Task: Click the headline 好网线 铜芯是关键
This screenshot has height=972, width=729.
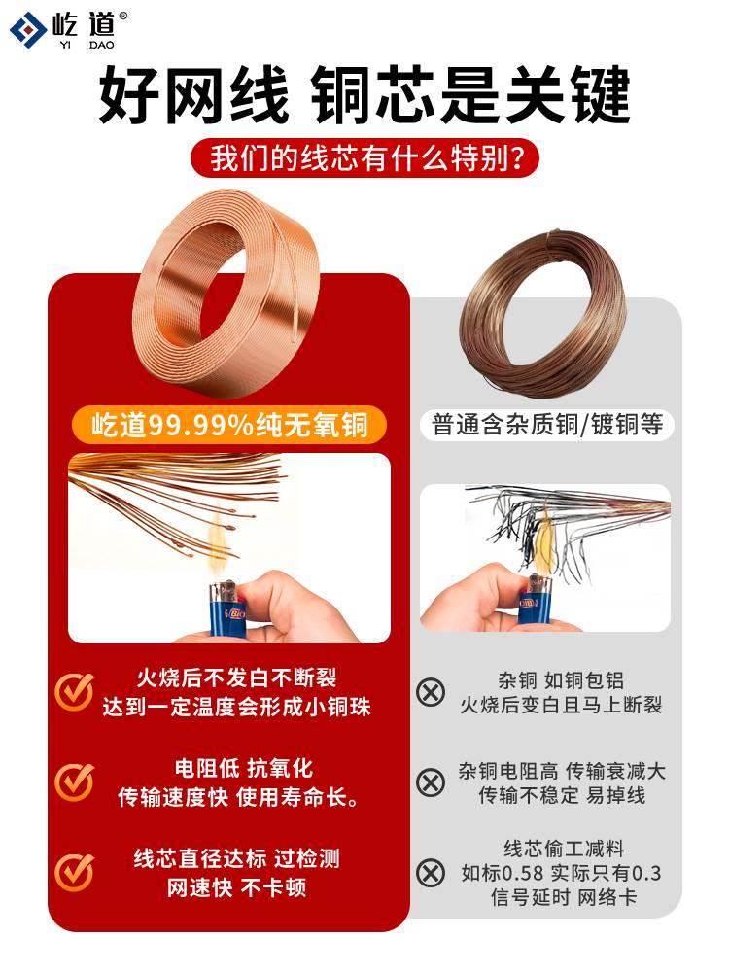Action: point(364,95)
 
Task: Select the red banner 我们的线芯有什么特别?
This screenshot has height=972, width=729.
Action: point(364,157)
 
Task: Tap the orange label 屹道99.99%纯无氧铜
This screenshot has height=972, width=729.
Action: point(226,425)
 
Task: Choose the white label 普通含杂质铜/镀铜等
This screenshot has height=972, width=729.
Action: point(553,425)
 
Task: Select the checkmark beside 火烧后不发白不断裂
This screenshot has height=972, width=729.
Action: point(74,691)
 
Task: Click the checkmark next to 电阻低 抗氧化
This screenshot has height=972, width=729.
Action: point(74,781)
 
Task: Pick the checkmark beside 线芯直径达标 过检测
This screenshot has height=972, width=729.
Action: point(74,871)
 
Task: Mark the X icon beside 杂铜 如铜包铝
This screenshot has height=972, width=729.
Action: point(430,692)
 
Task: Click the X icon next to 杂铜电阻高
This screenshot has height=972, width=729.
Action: point(430,781)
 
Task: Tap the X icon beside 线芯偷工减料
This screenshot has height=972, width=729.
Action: point(430,872)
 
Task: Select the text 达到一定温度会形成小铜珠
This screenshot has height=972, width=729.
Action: point(236,707)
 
